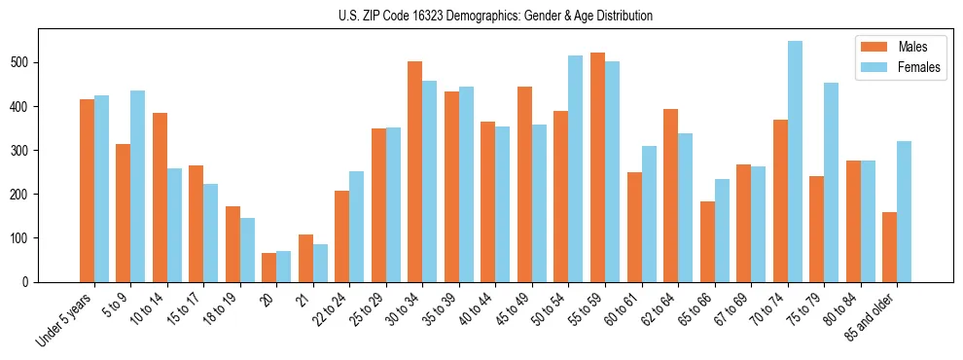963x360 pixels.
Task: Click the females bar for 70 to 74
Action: click(x=795, y=162)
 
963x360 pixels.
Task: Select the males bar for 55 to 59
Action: click(x=597, y=167)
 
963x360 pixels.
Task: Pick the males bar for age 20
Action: click(x=269, y=268)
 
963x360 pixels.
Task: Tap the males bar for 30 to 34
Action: click(x=415, y=171)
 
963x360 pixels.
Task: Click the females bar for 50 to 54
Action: click(x=576, y=168)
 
